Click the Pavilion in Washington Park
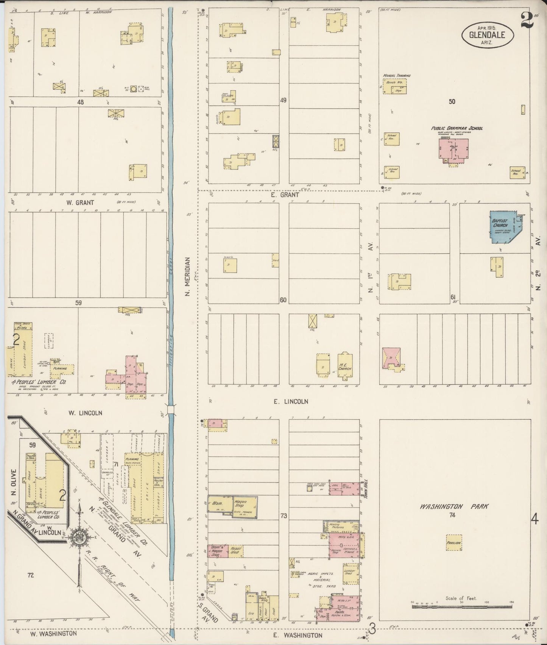454,542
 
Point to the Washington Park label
454,506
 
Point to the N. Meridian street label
188,276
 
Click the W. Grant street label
75,203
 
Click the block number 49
283,100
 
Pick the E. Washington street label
304,636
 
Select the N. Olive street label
14,483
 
